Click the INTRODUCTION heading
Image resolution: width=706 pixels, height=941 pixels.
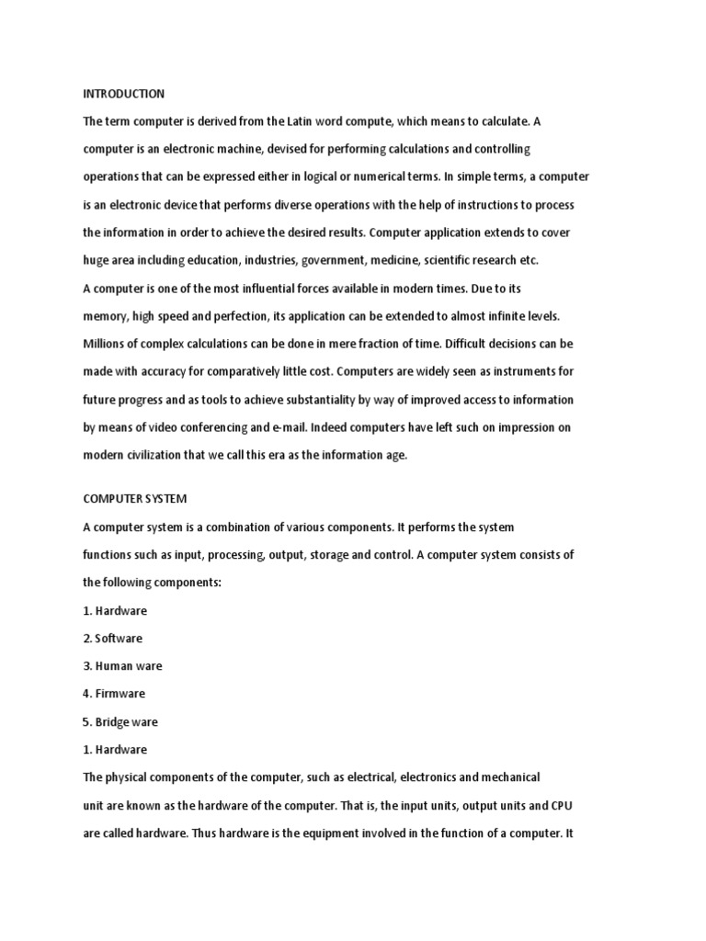pyautogui.click(x=124, y=94)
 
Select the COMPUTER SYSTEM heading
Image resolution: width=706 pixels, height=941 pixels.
pyautogui.click(x=135, y=499)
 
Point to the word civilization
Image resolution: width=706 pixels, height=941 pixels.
pyautogui.click(x=165, y=455)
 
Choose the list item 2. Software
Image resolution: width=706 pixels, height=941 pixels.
pyautogui.click(x=113, y=639)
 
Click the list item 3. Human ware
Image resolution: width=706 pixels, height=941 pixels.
pyautogui.click(x=122, y=666)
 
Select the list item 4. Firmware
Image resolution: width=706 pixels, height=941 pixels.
pyautogui.click(x=114, y=694)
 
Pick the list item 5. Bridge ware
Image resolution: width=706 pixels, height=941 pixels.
pyautogui.click(x=120, y=722)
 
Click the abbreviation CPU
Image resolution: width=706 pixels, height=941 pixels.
pyautogui.click(x=563, y=805)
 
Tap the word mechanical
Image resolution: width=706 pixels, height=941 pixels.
pyautogui.click(x=507, y=777)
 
